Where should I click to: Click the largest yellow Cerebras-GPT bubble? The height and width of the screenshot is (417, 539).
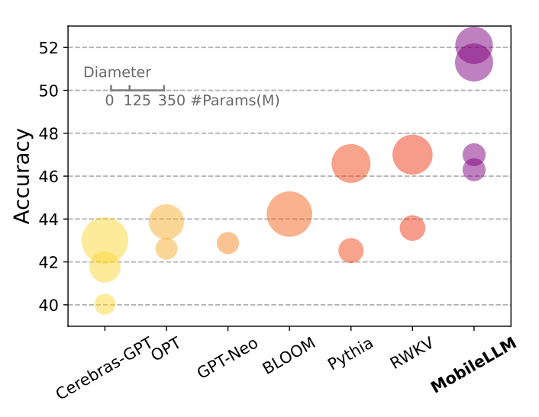pyautogui.click(x=105, y=241)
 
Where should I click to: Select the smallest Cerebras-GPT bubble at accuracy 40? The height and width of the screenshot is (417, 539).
pyautogui.click(x=105, y=304)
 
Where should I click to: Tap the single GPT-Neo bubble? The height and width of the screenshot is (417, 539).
pyautogui.click(x=228, y=243)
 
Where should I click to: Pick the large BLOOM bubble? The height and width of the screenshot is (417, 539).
pyautogui.click(x=289, y=214)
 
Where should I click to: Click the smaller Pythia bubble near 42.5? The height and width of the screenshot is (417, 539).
pyautogui.click(x=350, y=250)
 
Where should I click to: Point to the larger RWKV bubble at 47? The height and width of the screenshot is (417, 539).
pyautogui.click(x=412, y=155)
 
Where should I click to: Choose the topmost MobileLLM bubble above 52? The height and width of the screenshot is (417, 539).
pyautogui.click(x=473, y=45)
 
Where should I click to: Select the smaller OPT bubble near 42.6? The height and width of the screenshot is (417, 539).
pyautogui.click(x=166, y=249)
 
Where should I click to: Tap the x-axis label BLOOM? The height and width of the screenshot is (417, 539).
pyautogui.click(x=289, y=356)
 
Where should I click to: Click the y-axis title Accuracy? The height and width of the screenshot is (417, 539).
pyautogui.click(x=24, y=176)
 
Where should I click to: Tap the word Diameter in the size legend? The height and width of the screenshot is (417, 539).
pyautogui.click(x=117, y=73)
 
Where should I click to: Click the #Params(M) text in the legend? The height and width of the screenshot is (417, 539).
pyautogui.click(x=235, y=101)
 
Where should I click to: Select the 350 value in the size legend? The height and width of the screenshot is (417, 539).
pyautogui.click(x=172, y=101)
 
